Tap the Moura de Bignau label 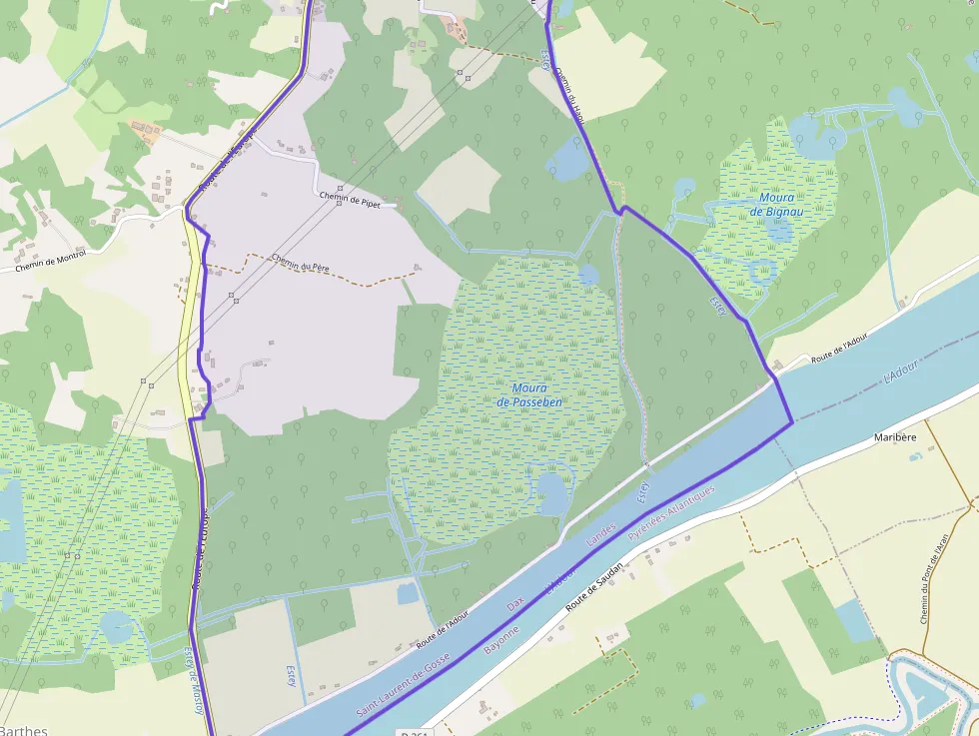[x=776, y=205]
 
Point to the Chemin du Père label [x=300, y=265]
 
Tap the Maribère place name [x=895, y=437]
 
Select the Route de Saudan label [x=594, y=586]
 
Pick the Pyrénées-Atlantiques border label [x=671, y=515]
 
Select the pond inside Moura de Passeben [x=551, y=492]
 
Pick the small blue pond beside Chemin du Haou [x=568, y=160]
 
